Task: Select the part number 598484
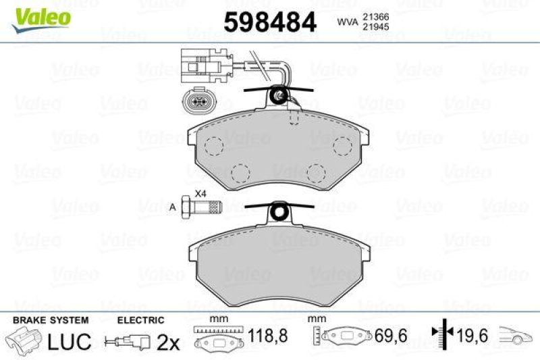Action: (x=270, y=23)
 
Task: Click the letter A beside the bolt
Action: (x=173, y=206)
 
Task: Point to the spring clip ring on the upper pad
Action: (x=277, y=98)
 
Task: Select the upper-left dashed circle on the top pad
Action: (x=215, y=145)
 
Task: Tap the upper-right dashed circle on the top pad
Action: (x=342, y=145)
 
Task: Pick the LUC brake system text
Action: (x=70, y=342)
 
